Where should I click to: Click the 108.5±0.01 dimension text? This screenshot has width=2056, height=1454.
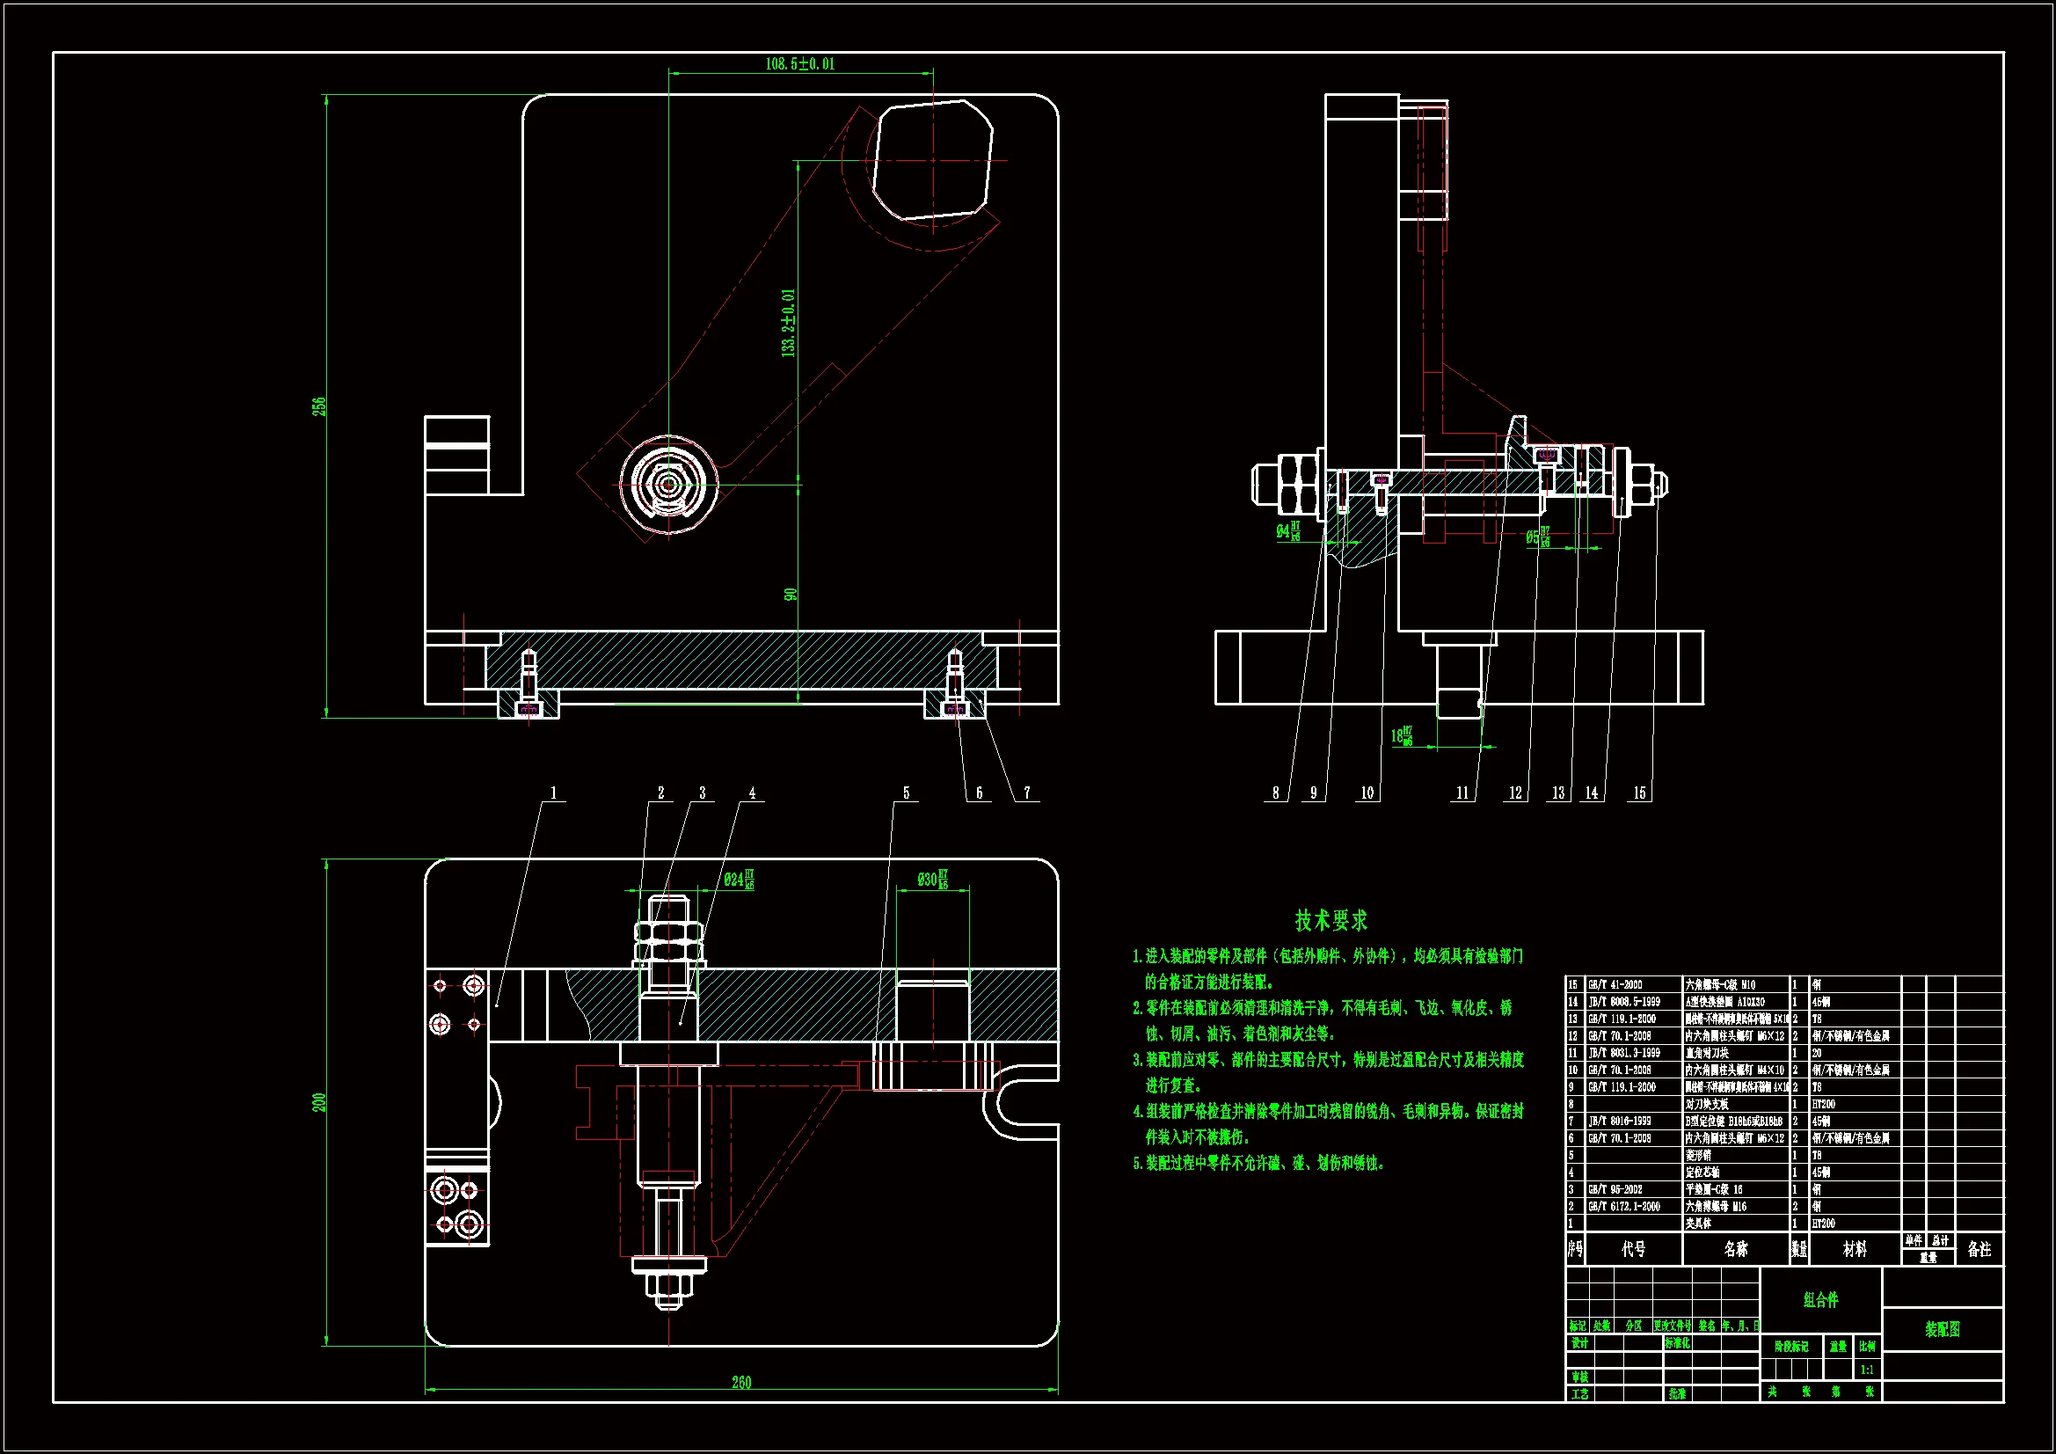tap(799, 63)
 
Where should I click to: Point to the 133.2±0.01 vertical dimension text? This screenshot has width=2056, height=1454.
tap(788, 324)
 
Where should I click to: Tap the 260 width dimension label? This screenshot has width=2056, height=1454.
tap(741, 1383)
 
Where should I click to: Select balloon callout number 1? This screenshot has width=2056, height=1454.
tap(553, 793)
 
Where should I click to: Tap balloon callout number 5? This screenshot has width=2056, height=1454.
tap(907, 793)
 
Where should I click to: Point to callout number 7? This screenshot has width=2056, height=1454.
tap(1027, 793)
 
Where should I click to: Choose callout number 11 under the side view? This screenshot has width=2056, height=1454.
tap(1462, 793)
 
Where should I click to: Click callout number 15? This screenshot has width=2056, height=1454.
tap(1639, 793)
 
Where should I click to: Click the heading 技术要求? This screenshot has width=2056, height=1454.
tap(1331, 920)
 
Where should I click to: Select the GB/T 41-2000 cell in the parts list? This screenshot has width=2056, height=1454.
tap(1615, 984)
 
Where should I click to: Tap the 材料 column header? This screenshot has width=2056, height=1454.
tap(1855, 1249)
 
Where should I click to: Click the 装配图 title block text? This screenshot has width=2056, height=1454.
tap(1943, 1329)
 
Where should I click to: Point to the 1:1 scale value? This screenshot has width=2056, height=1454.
tap(1867, 1370)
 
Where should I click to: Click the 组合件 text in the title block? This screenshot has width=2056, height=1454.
tap(1820, 1300)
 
